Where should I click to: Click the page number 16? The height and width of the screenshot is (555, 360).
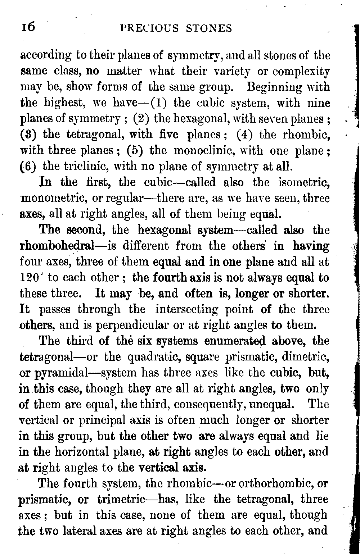[x=27, y=28]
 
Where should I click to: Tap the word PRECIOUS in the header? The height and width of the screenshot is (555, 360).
[x=149, y=28]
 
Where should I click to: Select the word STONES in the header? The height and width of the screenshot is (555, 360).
[x=209, y=28]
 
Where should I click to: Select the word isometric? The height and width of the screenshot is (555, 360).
[x=304, y=182]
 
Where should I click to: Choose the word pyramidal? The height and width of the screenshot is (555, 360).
[x=60, y=373]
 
